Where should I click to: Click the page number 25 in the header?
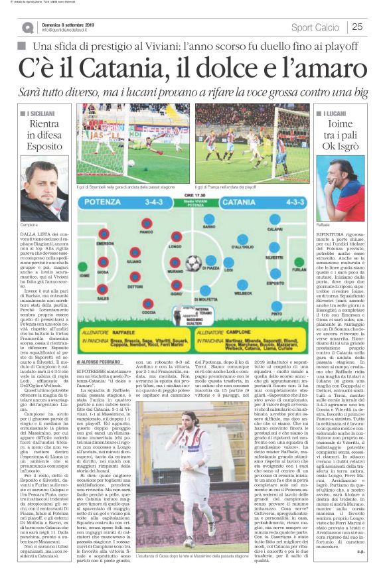tap(358, 27)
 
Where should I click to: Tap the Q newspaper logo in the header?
tap(27, 27)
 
